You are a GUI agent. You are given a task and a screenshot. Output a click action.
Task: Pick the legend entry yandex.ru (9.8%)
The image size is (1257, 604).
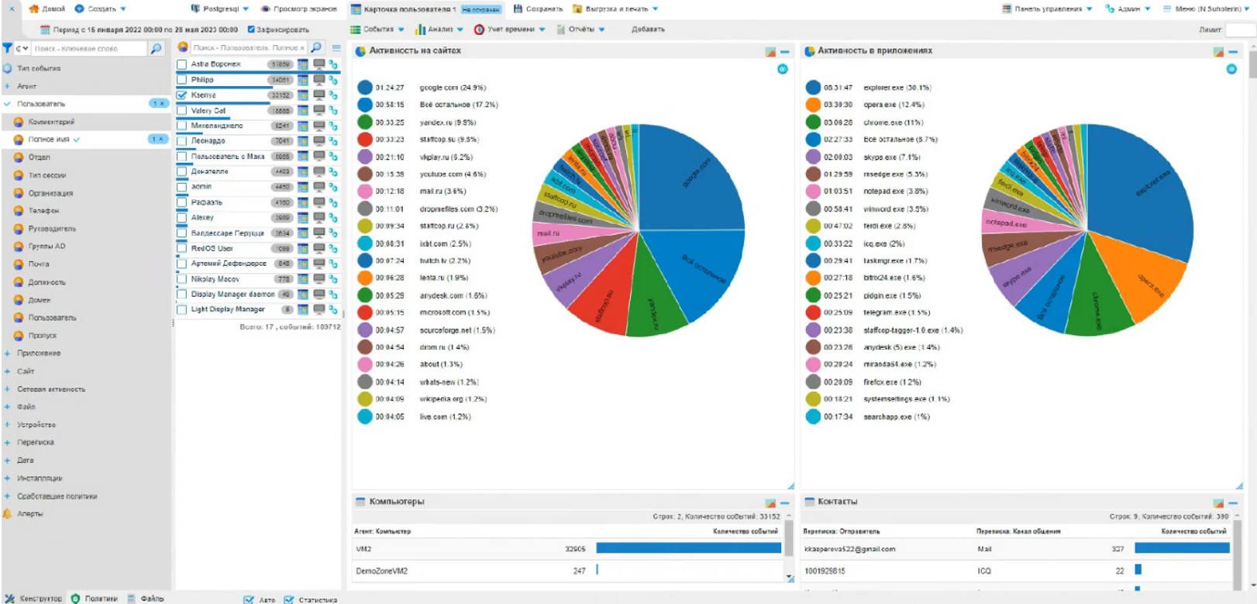[x=447, y=123]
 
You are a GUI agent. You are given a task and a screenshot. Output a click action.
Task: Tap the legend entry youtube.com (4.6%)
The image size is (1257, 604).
[x=453, y=174]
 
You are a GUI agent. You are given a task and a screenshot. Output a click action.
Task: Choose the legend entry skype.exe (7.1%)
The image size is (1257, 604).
[x=891, y=157]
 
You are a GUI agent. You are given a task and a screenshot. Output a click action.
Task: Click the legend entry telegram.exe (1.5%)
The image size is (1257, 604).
[x=896, y=312]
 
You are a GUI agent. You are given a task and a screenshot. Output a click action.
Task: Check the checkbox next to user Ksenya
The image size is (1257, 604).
[x=182, y=95]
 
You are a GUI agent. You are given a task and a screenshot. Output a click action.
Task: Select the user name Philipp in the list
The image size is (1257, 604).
[x=202, y=80]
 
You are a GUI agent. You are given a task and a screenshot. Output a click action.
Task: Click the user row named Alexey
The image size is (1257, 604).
[x=202, y=218]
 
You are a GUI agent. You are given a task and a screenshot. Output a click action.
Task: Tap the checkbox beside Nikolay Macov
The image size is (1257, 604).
[x=182, y=279]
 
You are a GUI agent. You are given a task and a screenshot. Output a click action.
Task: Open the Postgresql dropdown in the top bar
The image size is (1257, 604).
[x=221, y=9]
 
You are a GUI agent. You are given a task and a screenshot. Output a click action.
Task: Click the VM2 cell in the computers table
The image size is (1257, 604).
[x=363, y=549]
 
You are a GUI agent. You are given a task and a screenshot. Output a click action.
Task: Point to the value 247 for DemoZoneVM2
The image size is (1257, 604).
[x=579, y=571]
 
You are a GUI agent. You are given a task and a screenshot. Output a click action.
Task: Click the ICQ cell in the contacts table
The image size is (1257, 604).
[x=983, y=571]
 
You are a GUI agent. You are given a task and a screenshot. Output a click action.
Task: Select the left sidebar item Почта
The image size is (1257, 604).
[x=39, y=264]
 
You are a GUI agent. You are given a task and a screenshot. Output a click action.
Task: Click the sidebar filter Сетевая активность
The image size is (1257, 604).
[x=51, y=389]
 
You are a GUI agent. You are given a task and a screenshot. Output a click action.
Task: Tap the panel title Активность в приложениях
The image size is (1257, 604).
[x=875, y=50]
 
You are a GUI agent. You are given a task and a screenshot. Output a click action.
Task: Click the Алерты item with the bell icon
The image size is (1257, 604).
[x=29, y=513]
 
